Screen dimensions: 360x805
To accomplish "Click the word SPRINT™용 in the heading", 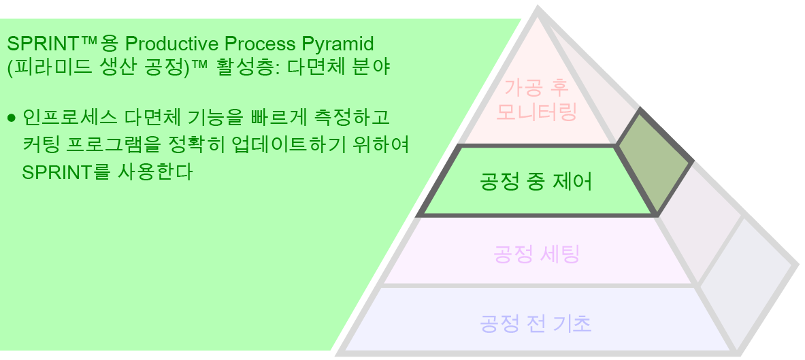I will pos(62,44).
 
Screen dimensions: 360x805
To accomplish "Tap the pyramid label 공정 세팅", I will pos(536,255).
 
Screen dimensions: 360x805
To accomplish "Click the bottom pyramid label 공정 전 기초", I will pos(536,323).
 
